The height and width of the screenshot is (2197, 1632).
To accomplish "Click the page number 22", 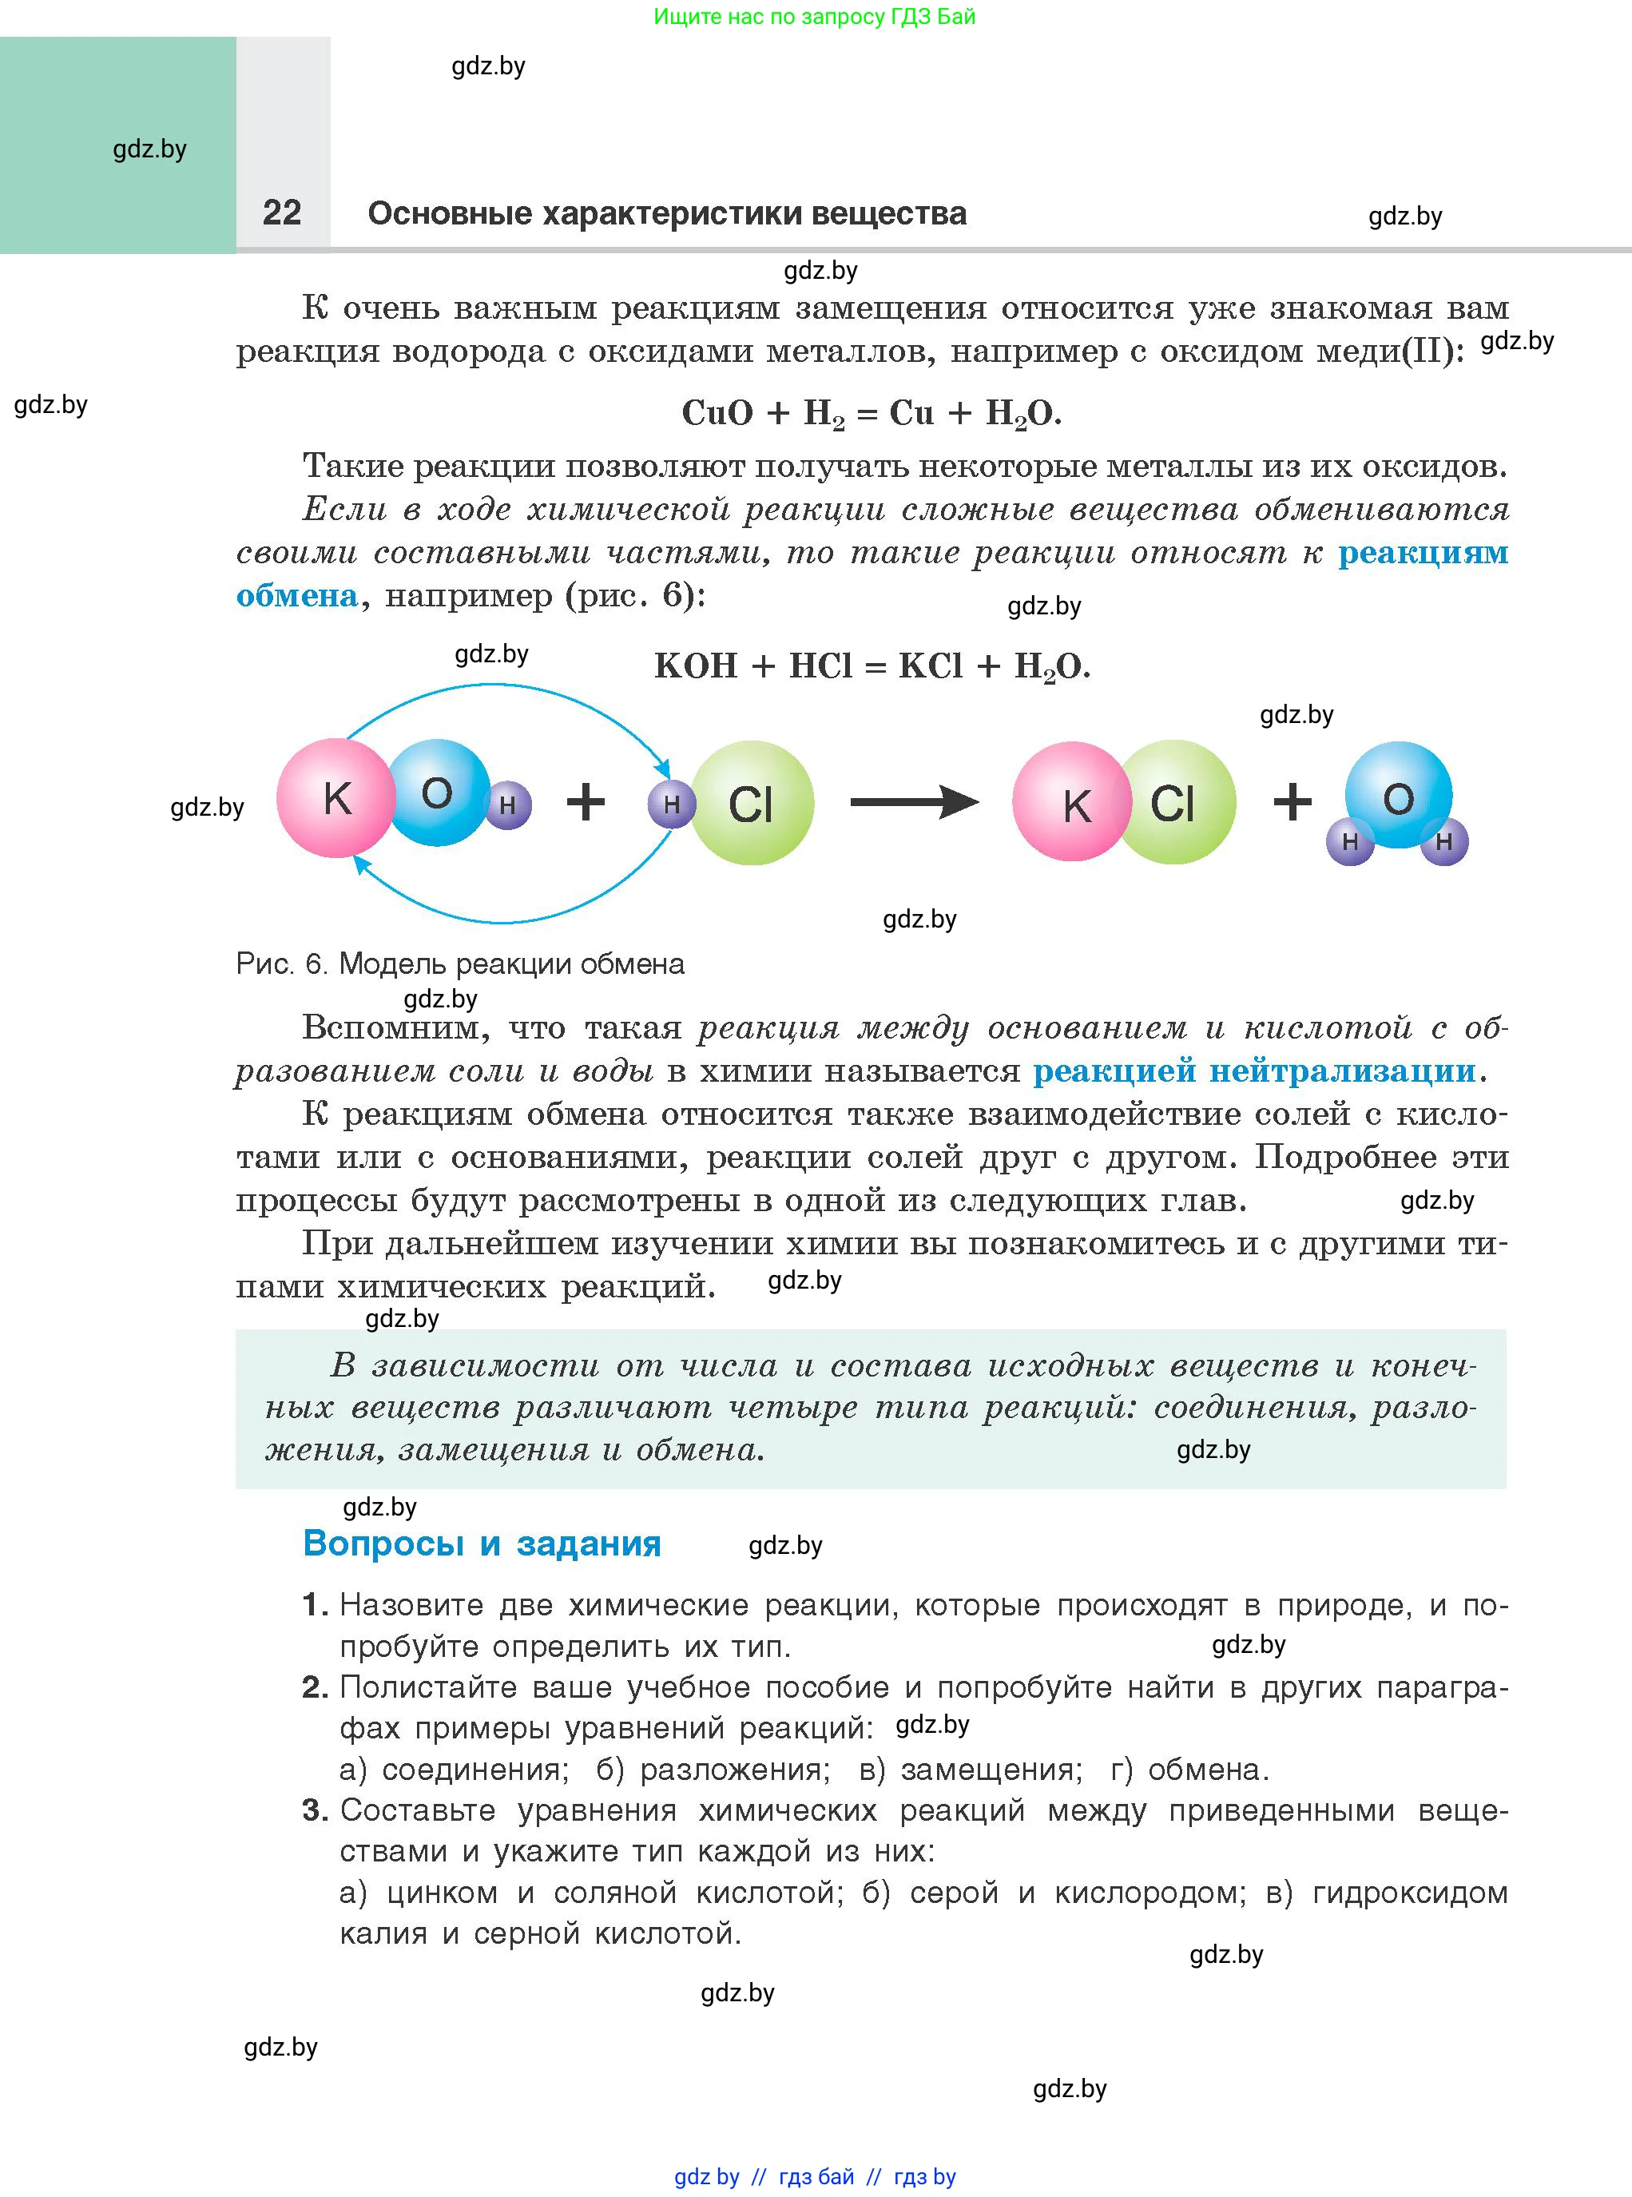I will coord(281,213).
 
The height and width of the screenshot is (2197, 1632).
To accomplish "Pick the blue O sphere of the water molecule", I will coord(1398,795).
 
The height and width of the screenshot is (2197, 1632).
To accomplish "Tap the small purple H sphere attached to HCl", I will coord(671,805).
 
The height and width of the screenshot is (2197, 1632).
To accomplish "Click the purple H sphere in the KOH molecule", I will coord(508,805).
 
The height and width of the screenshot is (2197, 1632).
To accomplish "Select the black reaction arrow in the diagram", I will coord(913,801).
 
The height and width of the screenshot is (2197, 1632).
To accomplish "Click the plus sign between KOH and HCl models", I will coord(585,801).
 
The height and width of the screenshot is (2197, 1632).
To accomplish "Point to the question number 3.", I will coord(314,1810).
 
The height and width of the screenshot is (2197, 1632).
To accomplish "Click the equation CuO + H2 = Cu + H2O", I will coord(872,413).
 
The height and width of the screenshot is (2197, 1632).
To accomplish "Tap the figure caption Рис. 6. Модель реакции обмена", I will coord(459,963).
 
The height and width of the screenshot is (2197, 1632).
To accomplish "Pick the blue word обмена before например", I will coord(296,596).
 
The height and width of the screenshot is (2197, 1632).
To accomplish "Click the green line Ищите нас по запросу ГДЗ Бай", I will coord(814,17).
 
